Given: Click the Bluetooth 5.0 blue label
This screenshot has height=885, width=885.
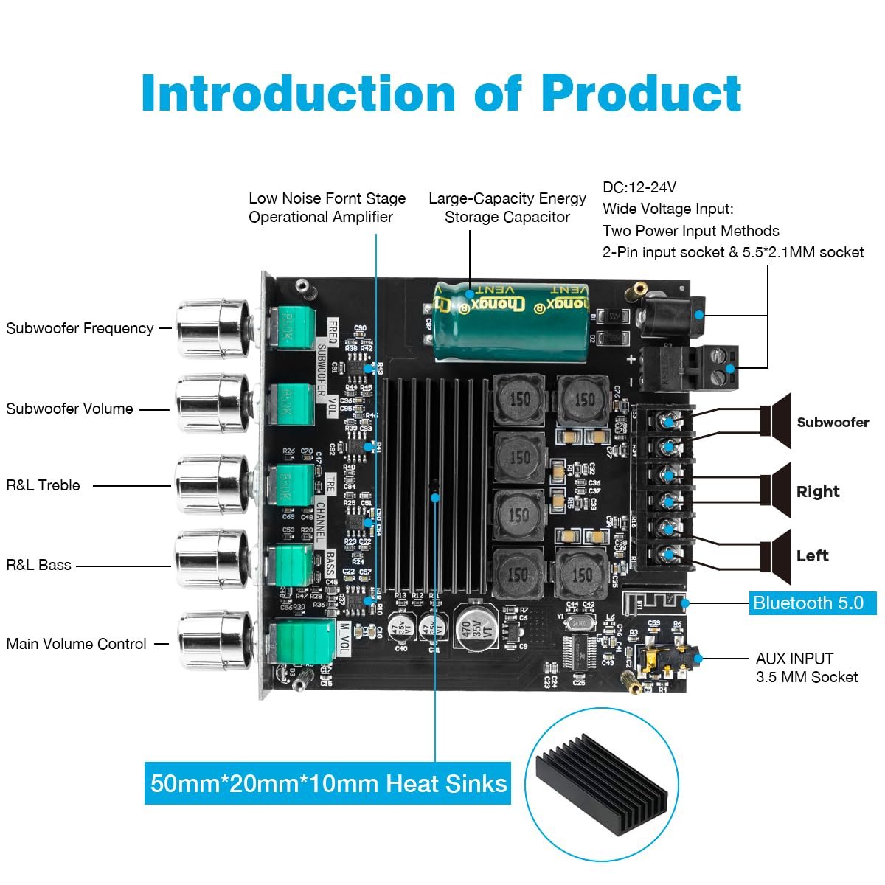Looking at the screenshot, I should tap(812, 603).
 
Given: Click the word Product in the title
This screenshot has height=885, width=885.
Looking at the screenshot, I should tap(641, 94).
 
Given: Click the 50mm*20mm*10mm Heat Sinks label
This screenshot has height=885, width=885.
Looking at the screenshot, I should tap(328, 782).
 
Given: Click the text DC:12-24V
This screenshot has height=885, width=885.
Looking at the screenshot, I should tap(639, 187).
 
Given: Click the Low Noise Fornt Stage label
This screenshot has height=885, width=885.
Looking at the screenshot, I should tap(327, 198).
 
